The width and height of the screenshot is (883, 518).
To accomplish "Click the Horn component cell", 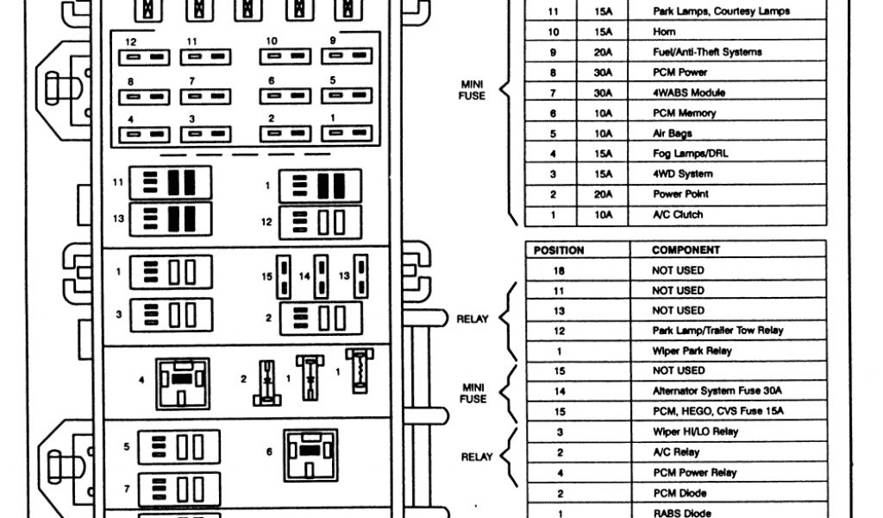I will click(x=664, y=32).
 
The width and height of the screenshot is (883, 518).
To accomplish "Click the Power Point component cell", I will click(x=680, y=194).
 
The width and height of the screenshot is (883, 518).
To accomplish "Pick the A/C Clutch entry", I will click(x=677, y=214).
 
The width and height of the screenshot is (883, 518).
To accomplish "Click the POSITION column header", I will click(x=559, y=250).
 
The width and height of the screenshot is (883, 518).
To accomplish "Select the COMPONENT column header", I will click(x=686, y=250).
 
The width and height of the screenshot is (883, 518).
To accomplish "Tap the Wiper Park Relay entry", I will click(x=692, y=351).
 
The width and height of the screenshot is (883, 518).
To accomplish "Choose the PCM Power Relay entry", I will click(x=693, y=472).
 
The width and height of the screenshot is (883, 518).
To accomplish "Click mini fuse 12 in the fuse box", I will click(x=143, y=57).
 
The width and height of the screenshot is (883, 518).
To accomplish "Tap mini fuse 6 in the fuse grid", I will click(x=285, y=96).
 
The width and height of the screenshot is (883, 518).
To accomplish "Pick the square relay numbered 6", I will click(x=310, y=454).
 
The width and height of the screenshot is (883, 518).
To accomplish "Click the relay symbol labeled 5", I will click(x=178, y=447).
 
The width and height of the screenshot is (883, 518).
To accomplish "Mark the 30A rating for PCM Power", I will click(x=603, y=73).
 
